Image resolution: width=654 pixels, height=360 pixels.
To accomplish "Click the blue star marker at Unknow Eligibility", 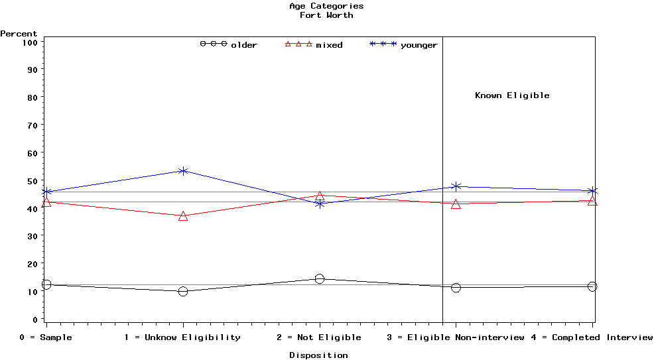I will click(x=183, y=171).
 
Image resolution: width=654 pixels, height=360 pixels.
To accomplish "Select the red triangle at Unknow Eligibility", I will click(x=183, y=216).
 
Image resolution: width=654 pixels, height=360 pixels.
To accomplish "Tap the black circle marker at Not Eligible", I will click(x=320, y=279).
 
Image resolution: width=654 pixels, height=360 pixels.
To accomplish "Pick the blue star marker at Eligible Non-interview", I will click(x=456, y=186).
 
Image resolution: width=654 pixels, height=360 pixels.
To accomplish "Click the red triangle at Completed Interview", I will click(x=592, y=201).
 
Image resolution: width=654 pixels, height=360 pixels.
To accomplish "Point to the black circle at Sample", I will click(x=46, y=284).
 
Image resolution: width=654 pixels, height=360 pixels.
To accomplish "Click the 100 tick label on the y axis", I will click(x=31, y=42).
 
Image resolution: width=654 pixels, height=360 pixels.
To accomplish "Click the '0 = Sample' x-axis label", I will click(x=46, y=337).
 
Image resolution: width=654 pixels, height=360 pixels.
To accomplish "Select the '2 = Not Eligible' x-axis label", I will click(x=319, y=337).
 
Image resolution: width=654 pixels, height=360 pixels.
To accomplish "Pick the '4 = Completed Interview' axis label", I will click(x=592, y=337).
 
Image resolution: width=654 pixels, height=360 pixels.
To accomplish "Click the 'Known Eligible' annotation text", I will click(x=512, y=95).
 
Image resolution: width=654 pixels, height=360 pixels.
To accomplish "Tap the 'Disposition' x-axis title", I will click(x=318, y=355).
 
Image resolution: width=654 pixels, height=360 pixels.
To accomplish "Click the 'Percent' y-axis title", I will click(x=19, y=34).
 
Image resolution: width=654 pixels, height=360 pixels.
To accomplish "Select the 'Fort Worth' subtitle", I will click(x=326, y=15).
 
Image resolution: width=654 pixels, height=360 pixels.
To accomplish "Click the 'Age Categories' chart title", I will click(x=326, y=6).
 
